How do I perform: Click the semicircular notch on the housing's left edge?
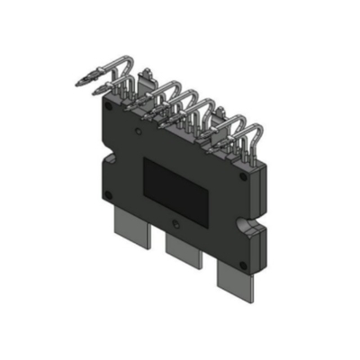coord(104,158)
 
